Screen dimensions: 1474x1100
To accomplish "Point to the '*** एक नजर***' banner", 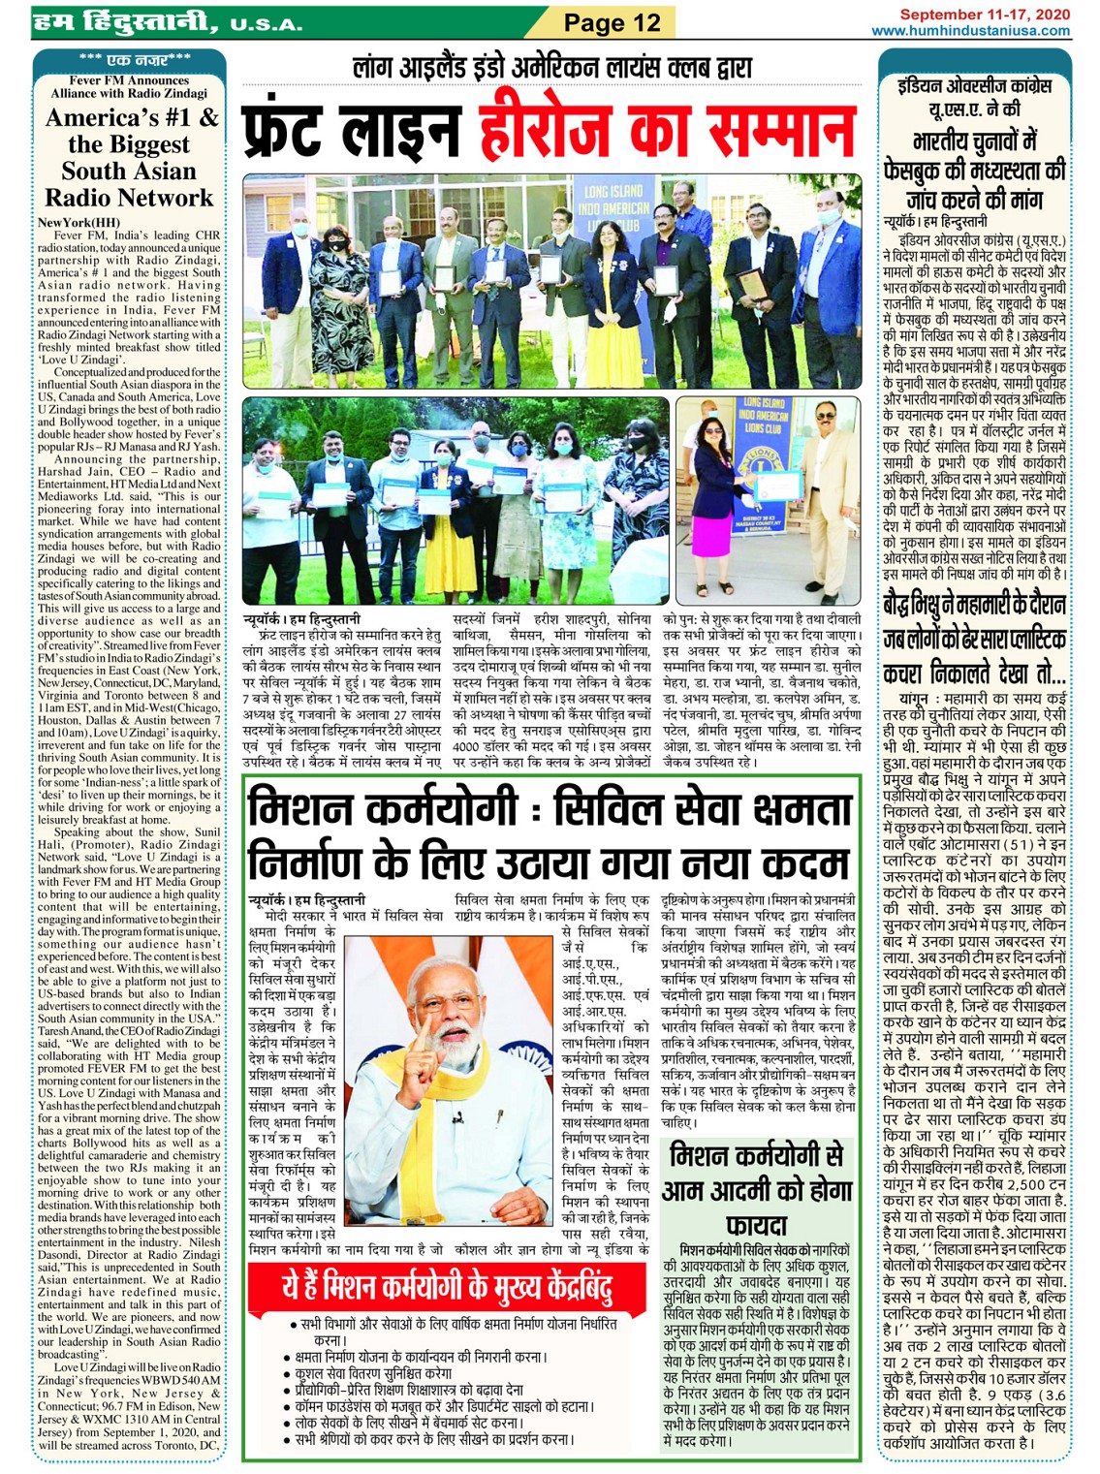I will pyautogui.click(x=130, y=60).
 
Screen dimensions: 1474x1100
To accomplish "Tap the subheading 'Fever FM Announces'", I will pyautogui.click(x=130, y=80).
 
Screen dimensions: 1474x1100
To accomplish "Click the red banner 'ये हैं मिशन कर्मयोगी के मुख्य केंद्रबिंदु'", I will pyautogui.click(x=447, y=1287).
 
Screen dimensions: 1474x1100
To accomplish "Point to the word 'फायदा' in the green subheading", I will pyautogui.click(x=756, y=1223).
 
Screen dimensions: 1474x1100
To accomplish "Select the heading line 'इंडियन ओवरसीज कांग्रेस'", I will pyautogui.click(x=974, y=86).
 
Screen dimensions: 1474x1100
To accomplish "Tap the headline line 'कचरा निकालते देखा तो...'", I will pyautogui.click(x=974, y=673).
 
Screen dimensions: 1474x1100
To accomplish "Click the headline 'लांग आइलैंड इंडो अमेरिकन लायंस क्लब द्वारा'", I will pyautogui.click(x=552, y=69).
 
